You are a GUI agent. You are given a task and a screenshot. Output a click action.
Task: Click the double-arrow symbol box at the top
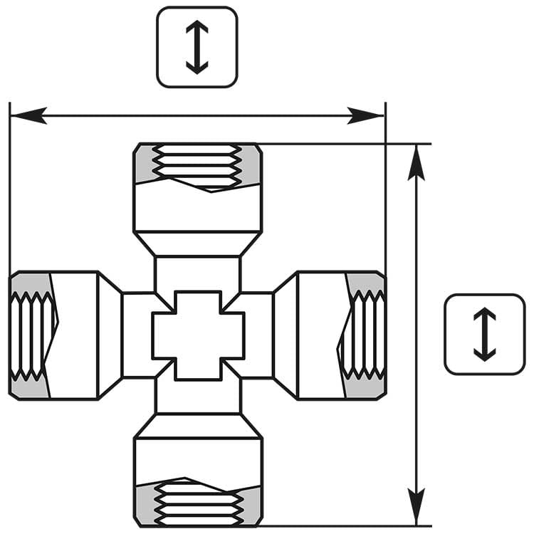pos(197,47)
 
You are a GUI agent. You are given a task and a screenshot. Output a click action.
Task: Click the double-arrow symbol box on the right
pos(484,334)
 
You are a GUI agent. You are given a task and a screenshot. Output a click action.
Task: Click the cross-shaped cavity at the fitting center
pos(198,335)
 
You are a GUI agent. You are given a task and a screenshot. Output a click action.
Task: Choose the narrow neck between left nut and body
pos(137,335)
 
